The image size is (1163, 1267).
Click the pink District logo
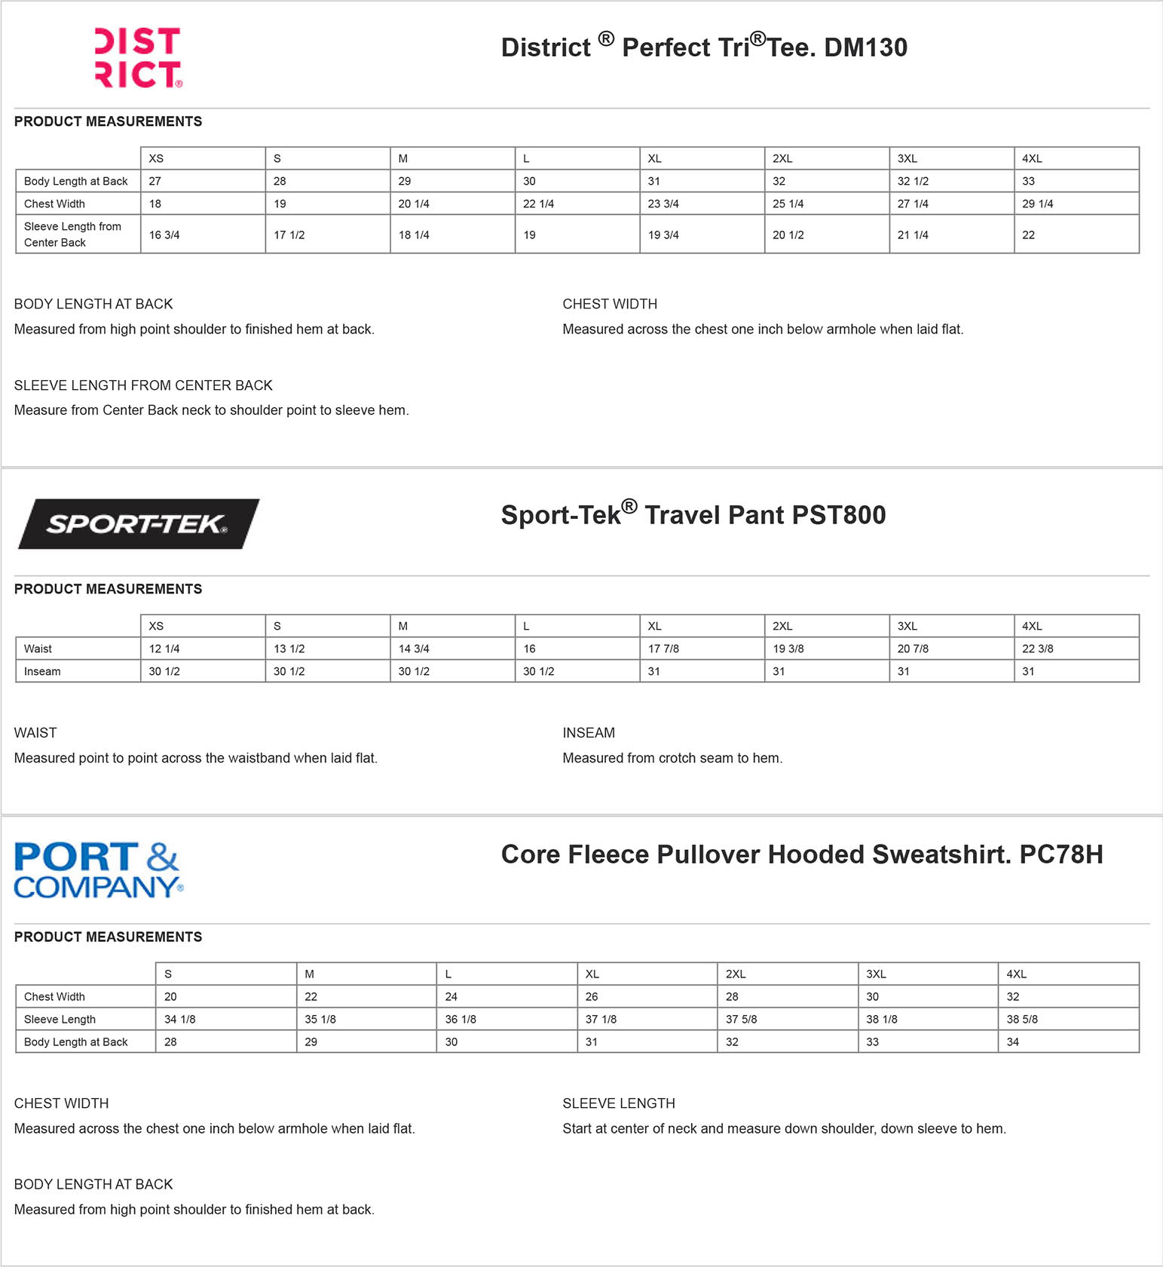point(138,58)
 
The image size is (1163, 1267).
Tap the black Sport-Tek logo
point(138,523)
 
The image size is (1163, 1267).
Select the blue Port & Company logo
point(98,870)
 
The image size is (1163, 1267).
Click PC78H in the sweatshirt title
point(1060,854)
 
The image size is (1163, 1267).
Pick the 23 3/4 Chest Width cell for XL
point(663,204)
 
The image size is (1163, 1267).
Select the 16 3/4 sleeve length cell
point(164,235)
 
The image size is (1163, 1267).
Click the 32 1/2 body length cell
point(913,181)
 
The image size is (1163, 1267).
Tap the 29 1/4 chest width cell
point(1037,204)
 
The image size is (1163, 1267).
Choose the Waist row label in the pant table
point(38,649)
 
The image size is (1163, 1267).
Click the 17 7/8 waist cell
point(663,649)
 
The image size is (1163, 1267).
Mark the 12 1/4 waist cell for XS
point(164,649)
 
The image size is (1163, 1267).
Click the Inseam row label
point(42,671)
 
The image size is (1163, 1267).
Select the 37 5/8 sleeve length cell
point(741,1019)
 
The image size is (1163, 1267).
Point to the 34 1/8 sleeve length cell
point(179,1019)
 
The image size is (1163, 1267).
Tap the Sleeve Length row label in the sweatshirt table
point(60,1019)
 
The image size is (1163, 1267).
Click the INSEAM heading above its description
point(589,733)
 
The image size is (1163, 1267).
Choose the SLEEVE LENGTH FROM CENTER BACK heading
point(143,385)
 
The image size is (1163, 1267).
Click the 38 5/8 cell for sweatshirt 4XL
point(1022,1019)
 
